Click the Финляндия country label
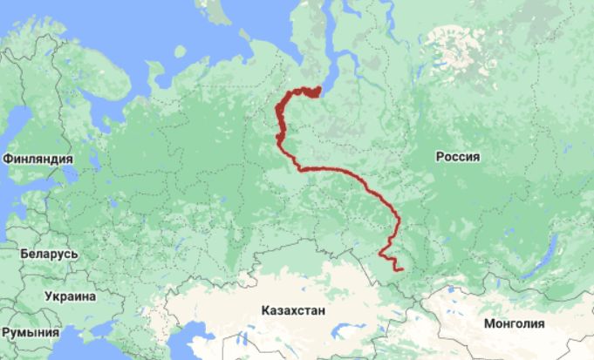38,159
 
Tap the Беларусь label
49,254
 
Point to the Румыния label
31,332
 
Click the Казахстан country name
292,309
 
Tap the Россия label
458,157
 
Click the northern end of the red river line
317,88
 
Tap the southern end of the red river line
400,269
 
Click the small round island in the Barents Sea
180,51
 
